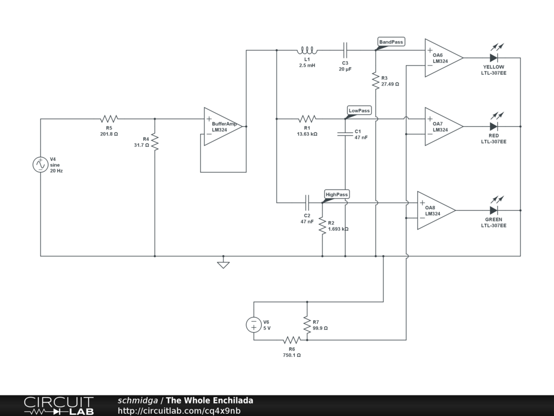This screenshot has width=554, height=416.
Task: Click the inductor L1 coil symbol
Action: (x=307, y=50)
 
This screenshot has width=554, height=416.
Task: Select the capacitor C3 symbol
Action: (x=345, y=50)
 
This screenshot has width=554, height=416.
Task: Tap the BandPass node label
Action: (x=391, y=42)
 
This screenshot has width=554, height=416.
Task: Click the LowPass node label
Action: (x=359, y=110)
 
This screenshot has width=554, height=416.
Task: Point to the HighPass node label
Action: (x=337, y=194)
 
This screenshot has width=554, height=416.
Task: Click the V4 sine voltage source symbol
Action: (x=41, y=165)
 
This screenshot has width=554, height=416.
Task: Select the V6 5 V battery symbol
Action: (x=254, y=325)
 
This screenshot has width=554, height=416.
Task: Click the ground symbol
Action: (x=223, y=264)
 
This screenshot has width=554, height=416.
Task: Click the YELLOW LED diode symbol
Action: (x=494, y=57)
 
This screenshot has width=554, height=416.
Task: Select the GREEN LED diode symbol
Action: (x=494, y=211)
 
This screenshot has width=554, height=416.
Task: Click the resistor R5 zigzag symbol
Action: (x=109, y=119)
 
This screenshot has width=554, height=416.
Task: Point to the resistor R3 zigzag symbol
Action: (x=375, y=81)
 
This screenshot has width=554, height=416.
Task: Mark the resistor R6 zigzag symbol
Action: (x=292, y=340)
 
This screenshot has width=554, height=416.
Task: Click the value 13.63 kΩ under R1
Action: (x=307, y=134)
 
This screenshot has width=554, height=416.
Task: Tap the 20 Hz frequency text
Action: (x=56, y=171)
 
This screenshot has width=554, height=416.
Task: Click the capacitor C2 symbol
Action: (x=307, y=203)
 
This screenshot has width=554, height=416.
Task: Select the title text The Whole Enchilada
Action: (x=209, y=400)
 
